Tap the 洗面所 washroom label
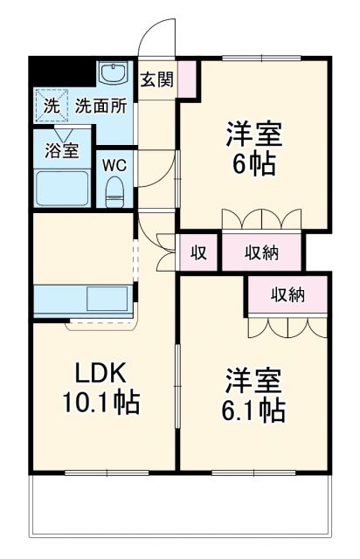pyautogui.click(x=100, y=107)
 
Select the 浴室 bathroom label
pyautogui.click(x=61, y=149)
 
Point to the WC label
pyautogui.click(x=114, y=164)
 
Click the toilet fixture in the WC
pyautogui.click(x=115, y=190)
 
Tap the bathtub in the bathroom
pyautogui.click(x=61, y=187)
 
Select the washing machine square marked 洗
pyautogui.click(x=52, y=107)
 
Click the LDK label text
pyautogui.click(x=100, y=374)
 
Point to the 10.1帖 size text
pyautogui.click(x=100, y=404)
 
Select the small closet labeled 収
pyautogui.click(x=198, y=253)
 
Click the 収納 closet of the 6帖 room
pyautogui.click(x=261, y=253)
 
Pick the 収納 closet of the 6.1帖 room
pyautogui.click(x=287, y=295)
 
